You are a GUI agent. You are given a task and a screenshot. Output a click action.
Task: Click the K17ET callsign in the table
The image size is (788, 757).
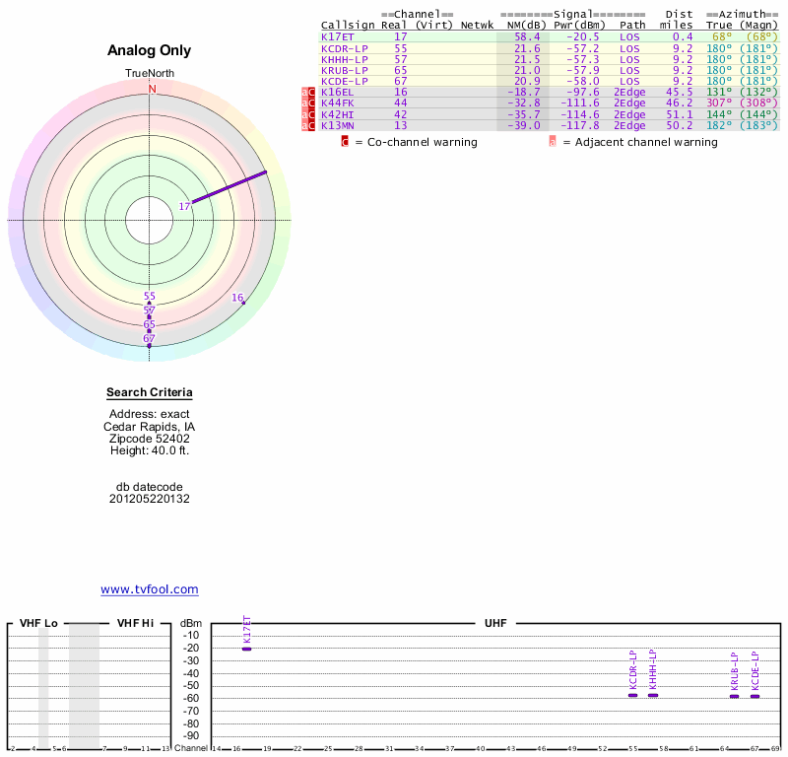click(338, 36)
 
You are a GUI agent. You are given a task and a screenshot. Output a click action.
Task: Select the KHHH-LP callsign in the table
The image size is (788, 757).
click(345, 59)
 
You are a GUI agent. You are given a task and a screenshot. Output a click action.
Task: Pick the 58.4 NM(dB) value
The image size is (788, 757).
click(527, 36)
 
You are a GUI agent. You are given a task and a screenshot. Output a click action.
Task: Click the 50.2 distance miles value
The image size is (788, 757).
click(680, 125)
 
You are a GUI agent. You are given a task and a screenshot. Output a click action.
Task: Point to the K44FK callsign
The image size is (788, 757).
click(337, 103)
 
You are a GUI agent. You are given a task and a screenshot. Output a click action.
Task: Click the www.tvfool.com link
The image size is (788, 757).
click(150, 589)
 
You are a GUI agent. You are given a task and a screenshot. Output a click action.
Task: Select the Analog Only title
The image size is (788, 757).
click(150, 51)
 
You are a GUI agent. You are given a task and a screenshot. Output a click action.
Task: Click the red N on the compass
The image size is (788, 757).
click(152, 89)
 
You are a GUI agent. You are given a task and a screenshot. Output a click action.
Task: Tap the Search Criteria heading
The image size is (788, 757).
click(150, 392)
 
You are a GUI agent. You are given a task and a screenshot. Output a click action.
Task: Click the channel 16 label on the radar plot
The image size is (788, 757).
click(237, 297)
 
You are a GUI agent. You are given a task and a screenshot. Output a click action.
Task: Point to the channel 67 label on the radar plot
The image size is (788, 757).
click(150, 338)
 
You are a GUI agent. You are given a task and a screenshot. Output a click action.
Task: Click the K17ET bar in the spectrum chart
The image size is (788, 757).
click(246, 649)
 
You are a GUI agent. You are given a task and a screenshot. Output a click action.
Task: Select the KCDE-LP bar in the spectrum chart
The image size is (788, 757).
click(755, 696)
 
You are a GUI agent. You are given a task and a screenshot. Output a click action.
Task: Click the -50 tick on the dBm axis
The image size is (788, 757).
click(191, 685)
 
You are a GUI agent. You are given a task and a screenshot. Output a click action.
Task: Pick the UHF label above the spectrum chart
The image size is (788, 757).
click(493, 623)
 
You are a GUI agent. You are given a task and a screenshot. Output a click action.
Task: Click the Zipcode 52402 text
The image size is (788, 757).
click(150, 439)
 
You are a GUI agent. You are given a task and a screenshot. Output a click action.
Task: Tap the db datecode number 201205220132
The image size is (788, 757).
click(150, 499)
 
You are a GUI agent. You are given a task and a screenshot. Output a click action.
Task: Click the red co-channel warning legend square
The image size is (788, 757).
click(345, 142)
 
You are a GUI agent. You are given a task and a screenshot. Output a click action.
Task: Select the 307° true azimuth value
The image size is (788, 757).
click(721, 103)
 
